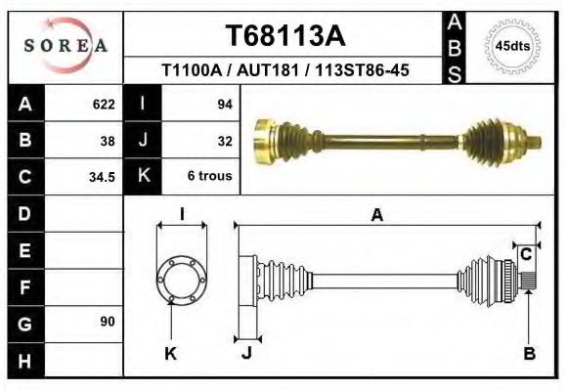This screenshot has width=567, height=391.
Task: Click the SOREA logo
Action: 65,45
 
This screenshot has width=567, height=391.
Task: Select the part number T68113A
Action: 285,36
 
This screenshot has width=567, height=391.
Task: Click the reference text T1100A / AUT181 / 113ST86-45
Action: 285,70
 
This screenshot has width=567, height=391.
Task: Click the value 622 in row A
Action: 103,104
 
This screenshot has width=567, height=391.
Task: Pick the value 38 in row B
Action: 107,140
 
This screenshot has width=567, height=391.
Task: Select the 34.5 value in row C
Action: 103,177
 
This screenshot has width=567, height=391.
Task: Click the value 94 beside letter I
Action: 224,104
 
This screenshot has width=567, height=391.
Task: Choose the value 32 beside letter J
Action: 224,140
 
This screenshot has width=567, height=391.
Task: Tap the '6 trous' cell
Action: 210,177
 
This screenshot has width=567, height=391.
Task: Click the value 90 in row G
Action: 107,322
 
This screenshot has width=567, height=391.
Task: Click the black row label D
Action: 24,213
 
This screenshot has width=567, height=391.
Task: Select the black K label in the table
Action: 143,177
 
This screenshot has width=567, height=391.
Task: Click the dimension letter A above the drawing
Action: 376,217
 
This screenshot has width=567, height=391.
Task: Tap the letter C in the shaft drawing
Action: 525,254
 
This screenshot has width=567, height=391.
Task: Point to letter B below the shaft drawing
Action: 529,354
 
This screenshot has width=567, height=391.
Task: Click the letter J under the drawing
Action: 246,354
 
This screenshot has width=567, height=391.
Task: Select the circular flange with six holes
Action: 182,279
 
